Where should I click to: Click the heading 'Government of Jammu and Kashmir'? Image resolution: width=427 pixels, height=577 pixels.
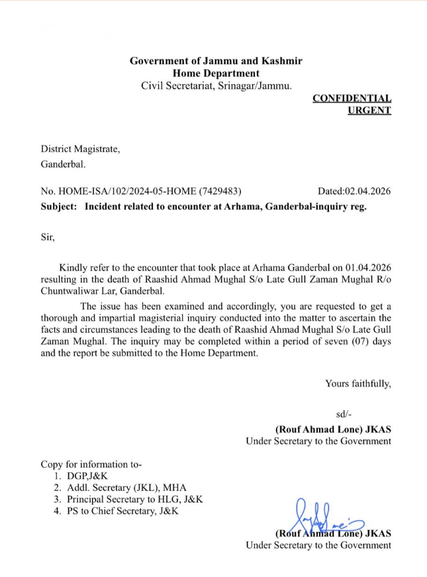[216, 61]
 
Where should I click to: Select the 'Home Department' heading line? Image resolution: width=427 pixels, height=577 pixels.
[216, 73]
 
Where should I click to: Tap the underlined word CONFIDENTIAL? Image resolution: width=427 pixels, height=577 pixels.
[352, 98]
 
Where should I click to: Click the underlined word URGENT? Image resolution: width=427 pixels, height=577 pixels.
[369, 111]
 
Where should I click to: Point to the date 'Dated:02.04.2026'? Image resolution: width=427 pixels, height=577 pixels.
[354, 191]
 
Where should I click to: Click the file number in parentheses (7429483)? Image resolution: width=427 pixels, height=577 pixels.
[224, 191]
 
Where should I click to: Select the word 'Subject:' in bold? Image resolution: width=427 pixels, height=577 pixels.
[58, 206]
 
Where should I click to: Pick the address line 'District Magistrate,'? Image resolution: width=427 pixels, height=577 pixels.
[81, 149]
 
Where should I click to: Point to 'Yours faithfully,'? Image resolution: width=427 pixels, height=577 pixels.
[357, 383]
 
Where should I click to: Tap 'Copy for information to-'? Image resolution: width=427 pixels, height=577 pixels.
[91, 464]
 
